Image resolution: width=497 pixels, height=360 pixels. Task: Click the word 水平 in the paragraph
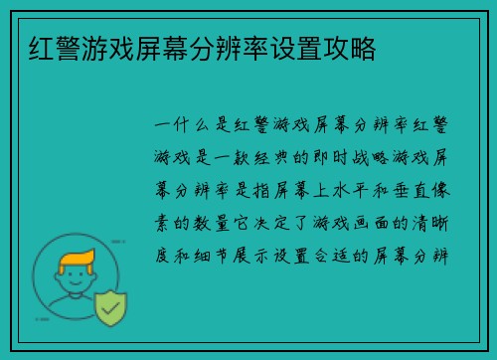pos(352,189)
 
